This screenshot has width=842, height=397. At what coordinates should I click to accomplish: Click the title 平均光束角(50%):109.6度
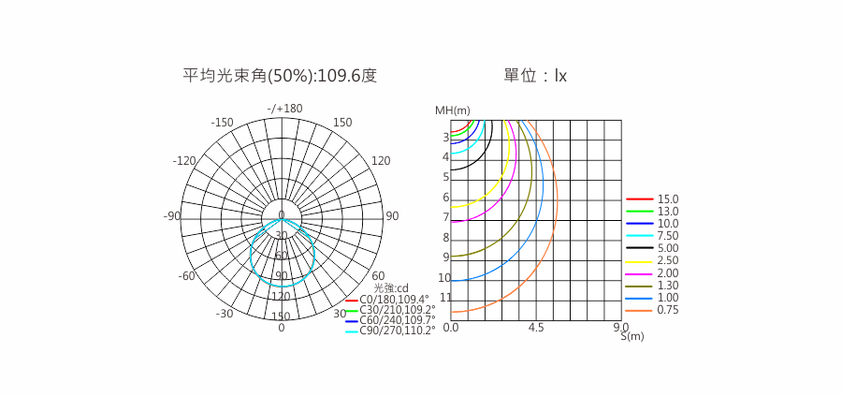point(280,76)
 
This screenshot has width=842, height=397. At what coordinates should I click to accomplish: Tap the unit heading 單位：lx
point(535,76)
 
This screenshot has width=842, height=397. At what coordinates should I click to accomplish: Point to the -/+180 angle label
point(284,109)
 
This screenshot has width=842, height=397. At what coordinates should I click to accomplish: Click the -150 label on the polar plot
point(222,123)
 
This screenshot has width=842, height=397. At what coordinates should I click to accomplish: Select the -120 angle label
point(184,161)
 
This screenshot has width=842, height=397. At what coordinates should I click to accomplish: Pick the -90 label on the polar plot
point(172,216)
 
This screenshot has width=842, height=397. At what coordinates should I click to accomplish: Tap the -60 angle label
point(186,276)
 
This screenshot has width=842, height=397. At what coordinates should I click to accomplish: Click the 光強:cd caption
point(391,288)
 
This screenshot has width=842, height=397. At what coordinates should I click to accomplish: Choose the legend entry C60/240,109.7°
point(390,320)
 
